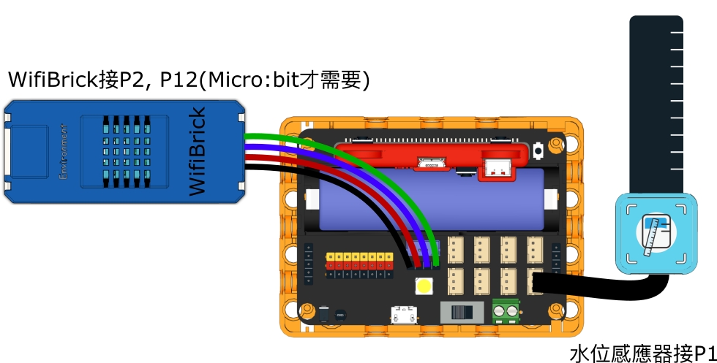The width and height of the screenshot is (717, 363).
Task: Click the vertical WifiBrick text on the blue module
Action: point(197,151)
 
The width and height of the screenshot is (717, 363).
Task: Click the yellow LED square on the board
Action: point(423,286)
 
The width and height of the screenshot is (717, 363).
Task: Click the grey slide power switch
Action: point(461,312)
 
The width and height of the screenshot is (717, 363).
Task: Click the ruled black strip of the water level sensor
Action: point(656,102)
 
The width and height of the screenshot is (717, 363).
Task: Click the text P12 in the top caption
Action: point(177,80)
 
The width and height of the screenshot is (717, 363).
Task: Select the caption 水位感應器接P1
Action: point(642,354)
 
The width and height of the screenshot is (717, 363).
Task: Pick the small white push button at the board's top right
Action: point(538,151)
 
